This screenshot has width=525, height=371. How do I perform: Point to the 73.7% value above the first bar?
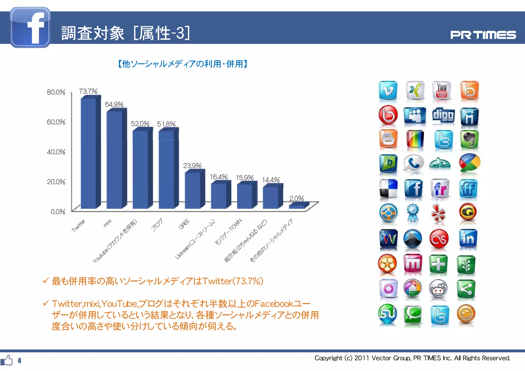click(88, 91)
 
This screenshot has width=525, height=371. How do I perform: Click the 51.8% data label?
click(166, 124)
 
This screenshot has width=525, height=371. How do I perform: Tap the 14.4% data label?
click(271, 180)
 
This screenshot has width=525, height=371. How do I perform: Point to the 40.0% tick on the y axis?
click(56, 152)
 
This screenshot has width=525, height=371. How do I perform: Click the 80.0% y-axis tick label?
click(56, 92)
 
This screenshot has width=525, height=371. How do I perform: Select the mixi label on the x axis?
click(107, 223)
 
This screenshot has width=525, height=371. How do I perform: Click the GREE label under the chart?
click(184, 224)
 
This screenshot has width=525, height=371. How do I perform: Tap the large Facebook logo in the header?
click(30, 27)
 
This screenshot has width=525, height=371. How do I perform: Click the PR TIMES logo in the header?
click(483, 35)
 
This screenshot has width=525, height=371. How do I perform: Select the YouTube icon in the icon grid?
click(441, 90)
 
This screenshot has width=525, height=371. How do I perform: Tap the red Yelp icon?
click(438, 213)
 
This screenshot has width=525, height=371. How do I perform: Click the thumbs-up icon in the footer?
click(7, 360)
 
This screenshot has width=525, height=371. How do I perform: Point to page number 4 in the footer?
click(19, 361)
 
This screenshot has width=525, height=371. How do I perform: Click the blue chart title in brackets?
click(183, 64)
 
